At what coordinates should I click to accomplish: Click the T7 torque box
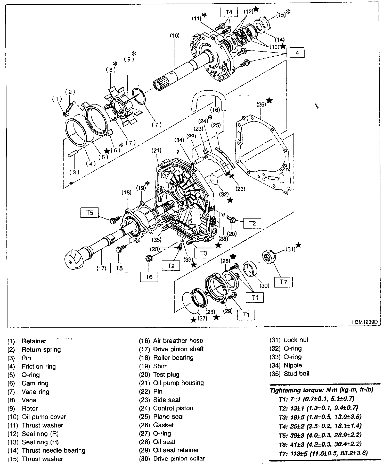point(283,282)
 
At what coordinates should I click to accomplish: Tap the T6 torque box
point(149,277)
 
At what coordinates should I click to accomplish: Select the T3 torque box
point(203,253)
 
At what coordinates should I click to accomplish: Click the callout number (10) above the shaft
point(175,36)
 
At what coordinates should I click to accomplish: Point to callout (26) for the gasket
point(261,105)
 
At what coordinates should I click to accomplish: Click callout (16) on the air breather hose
point(215,110)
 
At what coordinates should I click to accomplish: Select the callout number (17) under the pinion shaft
point(101,268)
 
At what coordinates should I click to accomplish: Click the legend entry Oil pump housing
point(178,383)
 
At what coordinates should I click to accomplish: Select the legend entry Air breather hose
point(178,341)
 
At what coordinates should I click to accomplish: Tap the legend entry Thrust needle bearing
point(53,450)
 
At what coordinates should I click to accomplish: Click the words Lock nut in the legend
point(296,340)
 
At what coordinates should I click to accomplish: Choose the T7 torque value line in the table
point(323,453)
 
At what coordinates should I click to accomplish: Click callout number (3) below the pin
point(74,172)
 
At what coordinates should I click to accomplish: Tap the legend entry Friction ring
point(39,366)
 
